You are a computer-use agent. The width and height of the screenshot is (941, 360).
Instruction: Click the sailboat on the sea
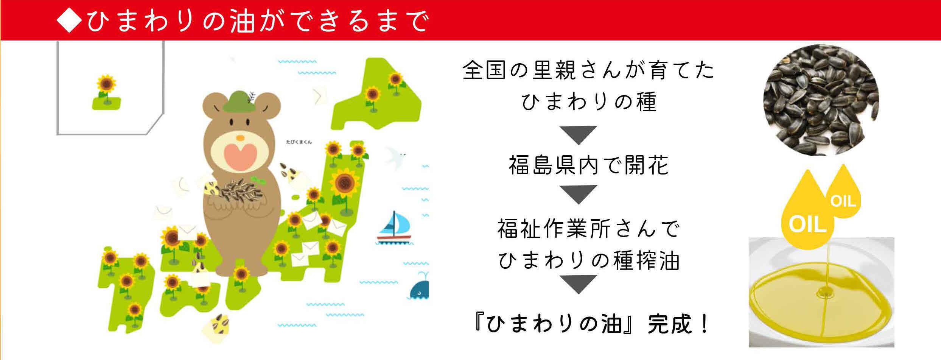[394, 227]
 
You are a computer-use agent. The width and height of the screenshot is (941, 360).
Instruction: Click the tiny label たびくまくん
[299, 142]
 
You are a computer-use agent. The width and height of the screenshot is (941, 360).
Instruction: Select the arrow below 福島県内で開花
[577, 194]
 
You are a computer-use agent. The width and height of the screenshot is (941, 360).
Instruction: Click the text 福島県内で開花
[589, 165]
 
